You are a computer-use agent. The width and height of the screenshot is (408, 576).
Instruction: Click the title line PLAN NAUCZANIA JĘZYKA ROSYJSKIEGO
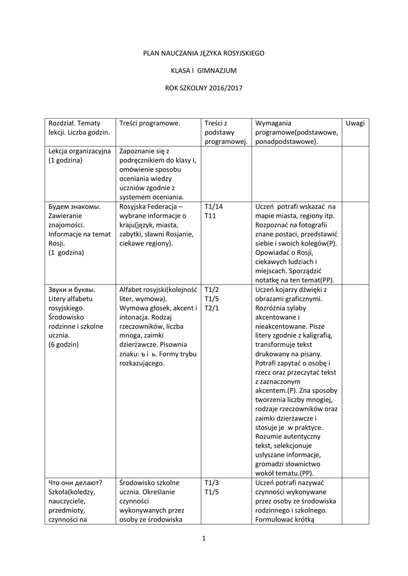point(204,53)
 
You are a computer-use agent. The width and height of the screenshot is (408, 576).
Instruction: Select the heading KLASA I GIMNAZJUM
point(204,70)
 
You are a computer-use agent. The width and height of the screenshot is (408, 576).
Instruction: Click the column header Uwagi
point(355,123)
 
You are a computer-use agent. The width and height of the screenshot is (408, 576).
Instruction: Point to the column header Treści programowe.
point(149,123)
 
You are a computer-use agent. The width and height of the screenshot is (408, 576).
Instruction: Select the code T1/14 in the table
point(214,206)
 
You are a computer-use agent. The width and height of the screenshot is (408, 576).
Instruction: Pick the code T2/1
point(212,308)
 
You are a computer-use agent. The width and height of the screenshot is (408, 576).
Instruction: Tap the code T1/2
point(212,290)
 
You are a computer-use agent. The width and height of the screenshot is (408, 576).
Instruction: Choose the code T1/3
point(212,483)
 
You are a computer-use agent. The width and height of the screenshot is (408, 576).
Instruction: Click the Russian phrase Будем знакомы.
point(74,206)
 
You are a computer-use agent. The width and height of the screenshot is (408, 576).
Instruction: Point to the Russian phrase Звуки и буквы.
point(71,290)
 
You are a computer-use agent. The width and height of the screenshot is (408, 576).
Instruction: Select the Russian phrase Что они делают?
point(75,483)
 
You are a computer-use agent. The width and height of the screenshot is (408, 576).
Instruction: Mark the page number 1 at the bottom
point(204,539)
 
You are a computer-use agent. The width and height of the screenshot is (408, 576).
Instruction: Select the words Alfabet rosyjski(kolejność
point(158,290)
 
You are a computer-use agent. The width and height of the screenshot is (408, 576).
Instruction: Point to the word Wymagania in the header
point(273,123)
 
